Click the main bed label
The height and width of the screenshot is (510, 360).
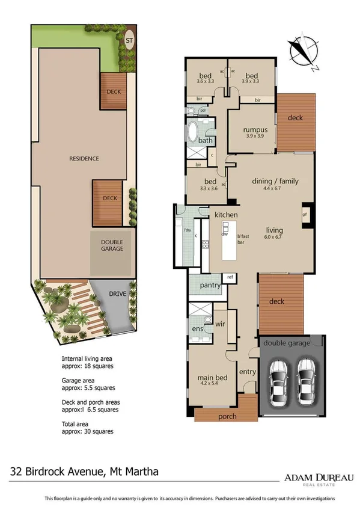click(210, 378)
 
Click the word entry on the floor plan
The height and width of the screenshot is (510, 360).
click(248, 372)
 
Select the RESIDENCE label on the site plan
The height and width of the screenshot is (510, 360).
click(84, 159)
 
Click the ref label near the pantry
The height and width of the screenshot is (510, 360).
click(230, 277)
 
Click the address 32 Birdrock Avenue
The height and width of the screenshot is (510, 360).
click(84, 472)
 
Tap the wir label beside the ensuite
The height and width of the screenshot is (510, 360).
click(219, 325)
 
